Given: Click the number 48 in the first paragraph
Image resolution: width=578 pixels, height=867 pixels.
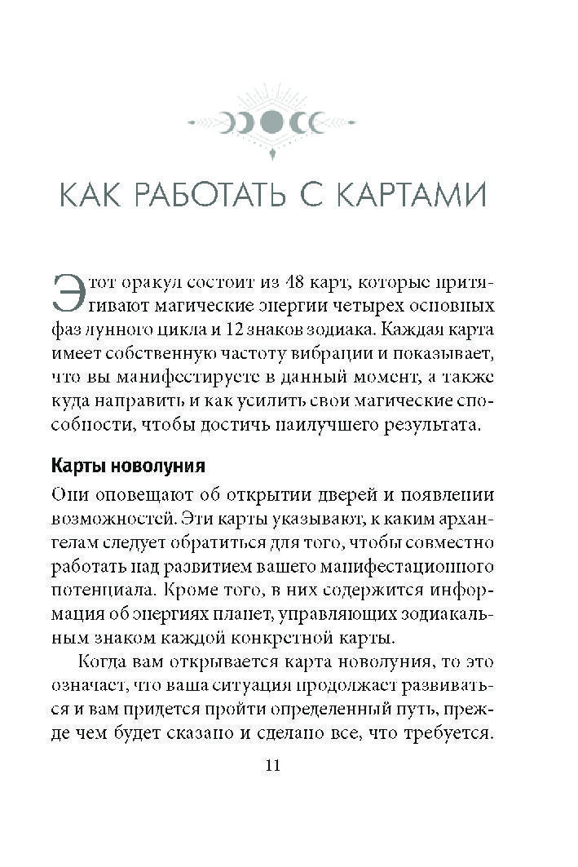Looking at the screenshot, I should click(291, 283).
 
